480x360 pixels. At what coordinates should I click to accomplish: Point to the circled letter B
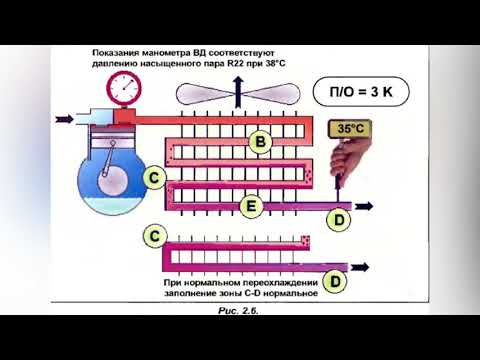(259, 143)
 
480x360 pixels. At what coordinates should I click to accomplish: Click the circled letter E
(250, 207)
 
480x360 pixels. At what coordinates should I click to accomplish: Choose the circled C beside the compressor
(154, 178)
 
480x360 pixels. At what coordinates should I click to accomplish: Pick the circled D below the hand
(339, 219)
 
